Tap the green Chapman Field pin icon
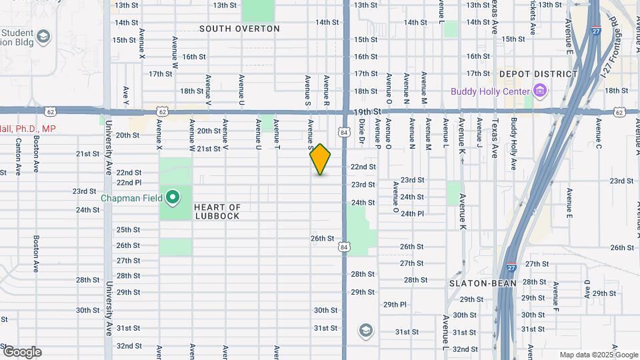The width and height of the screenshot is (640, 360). (x=173, y=197)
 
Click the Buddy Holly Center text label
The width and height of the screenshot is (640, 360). (x=489, y=91)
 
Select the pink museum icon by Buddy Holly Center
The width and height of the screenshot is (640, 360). (x=540, y=91)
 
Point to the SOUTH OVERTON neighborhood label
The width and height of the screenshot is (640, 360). (x=239, y=29)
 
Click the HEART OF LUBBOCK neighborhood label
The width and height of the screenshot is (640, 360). (x=217, y=212)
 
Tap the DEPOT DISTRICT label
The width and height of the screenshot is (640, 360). (x=537, y=74)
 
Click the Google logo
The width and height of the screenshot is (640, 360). (x=21, y=352)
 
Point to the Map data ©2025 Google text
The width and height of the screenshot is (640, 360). (x=597, y=355)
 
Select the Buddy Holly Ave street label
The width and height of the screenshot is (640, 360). (x=513, y=145)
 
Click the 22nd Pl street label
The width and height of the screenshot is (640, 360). (x=129, y=182)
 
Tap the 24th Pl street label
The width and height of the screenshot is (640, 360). (x=412, y=213)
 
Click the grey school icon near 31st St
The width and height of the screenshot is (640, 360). (x=365, y=330)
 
